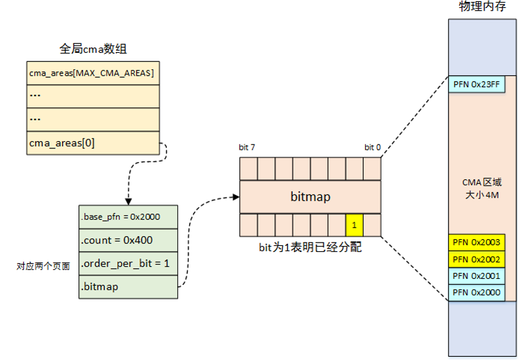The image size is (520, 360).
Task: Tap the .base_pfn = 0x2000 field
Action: coord(128,216)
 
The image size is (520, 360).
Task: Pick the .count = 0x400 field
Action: coord(128,240)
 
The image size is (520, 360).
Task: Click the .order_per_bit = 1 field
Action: coord(128,264)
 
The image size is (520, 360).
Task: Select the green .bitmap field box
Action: coord(128,287)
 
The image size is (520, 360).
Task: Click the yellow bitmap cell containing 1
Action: coord(354,225)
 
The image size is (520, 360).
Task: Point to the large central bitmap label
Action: coord(310,196)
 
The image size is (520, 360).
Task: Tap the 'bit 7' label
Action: coord(248,148)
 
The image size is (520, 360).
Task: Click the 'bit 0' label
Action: coord(372,148)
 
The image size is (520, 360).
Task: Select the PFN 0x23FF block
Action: coord(477,84)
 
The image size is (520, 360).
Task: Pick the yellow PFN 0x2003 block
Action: coord(477,243)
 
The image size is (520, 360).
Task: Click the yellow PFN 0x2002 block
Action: coord(477,259)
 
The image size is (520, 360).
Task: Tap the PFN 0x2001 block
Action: coord(477,276)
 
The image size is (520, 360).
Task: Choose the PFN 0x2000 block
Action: coord(477,292)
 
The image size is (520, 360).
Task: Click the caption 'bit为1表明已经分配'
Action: coord(310,249)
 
